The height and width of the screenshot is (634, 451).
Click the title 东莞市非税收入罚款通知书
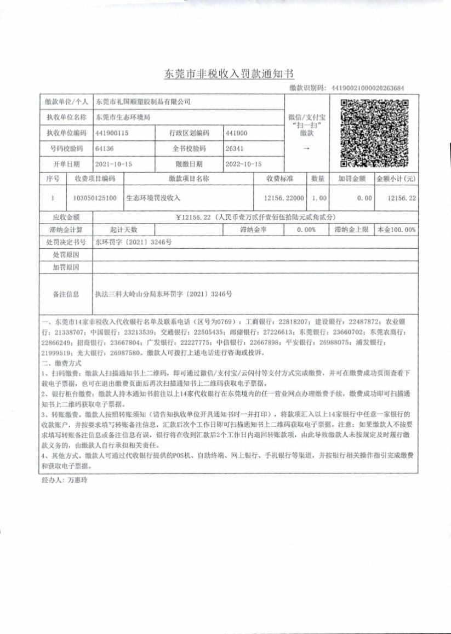click(226, 74)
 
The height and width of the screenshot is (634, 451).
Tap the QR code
click(374, 133)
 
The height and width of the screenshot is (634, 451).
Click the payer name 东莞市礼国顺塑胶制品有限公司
click(142, 102)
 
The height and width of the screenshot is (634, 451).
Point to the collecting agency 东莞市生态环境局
click(123, 117)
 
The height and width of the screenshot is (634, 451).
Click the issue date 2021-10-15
click(114, 164)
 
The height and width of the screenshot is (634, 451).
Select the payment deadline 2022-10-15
click(244, 164)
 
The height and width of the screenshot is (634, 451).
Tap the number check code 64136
click(105, 148)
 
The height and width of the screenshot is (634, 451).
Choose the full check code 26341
click(235, 148)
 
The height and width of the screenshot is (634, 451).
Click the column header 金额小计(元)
click(396, 179)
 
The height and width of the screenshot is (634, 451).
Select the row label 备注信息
click(66, 294)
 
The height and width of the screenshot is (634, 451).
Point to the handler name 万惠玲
click(78, 479)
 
